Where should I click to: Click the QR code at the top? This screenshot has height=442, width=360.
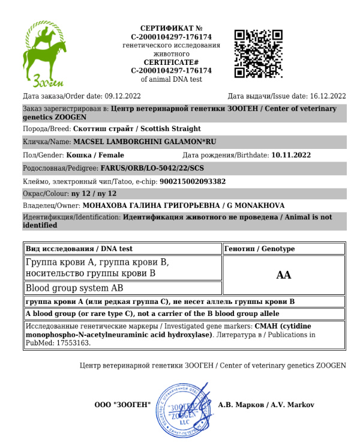pos(258,53)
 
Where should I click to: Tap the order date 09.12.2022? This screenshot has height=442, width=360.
pos(122,96)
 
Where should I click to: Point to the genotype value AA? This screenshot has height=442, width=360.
pos(283,275)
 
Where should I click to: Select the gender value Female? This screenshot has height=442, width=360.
pos(110,155)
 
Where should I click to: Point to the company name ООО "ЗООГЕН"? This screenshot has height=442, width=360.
pos(122,405)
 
